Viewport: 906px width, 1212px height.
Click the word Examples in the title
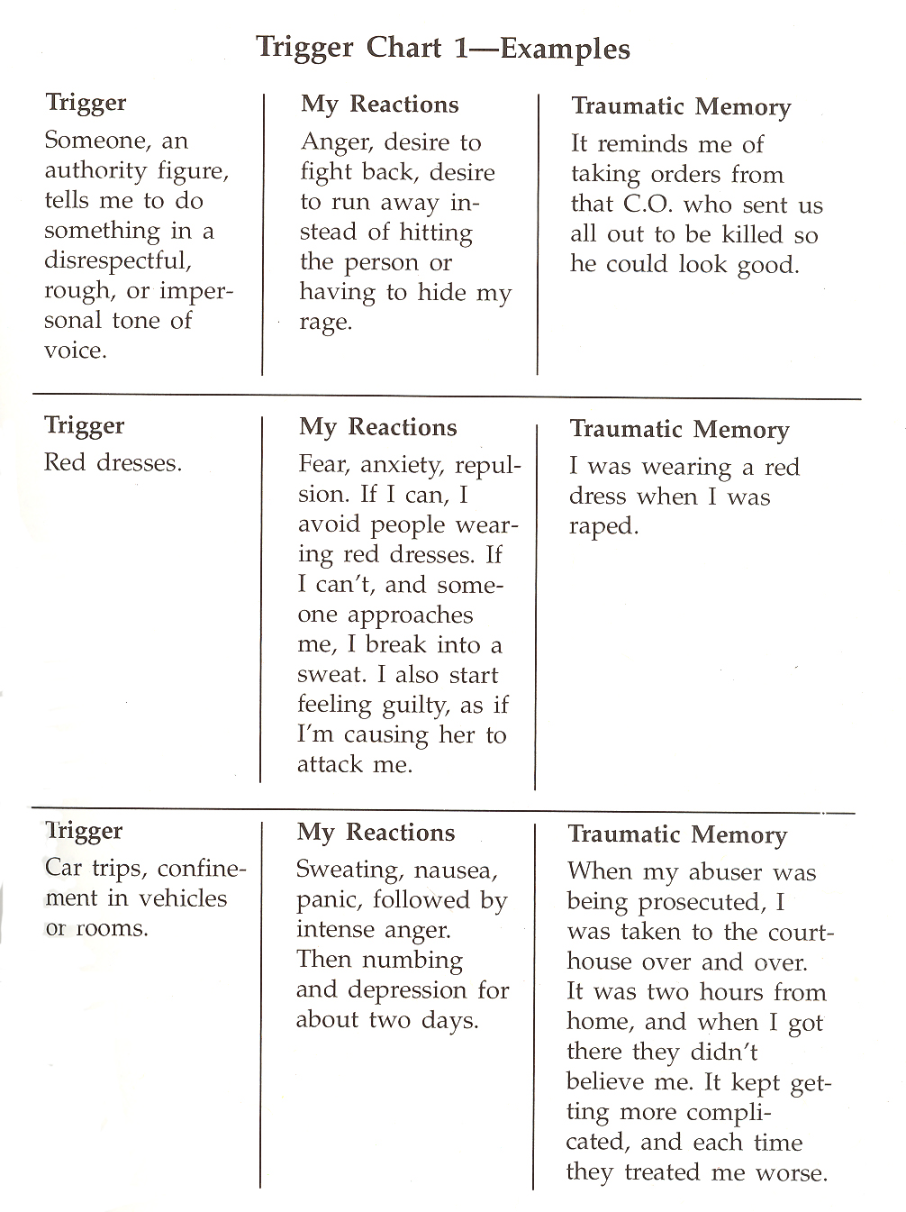tap(565, 49)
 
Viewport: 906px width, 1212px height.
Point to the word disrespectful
tap(117, 261)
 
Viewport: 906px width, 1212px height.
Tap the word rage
tap(323, 324)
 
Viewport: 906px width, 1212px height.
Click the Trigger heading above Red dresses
tap(85, 425)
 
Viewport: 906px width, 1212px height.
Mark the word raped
tap(603, 527)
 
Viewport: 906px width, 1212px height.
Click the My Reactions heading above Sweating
tap(376, 833)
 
